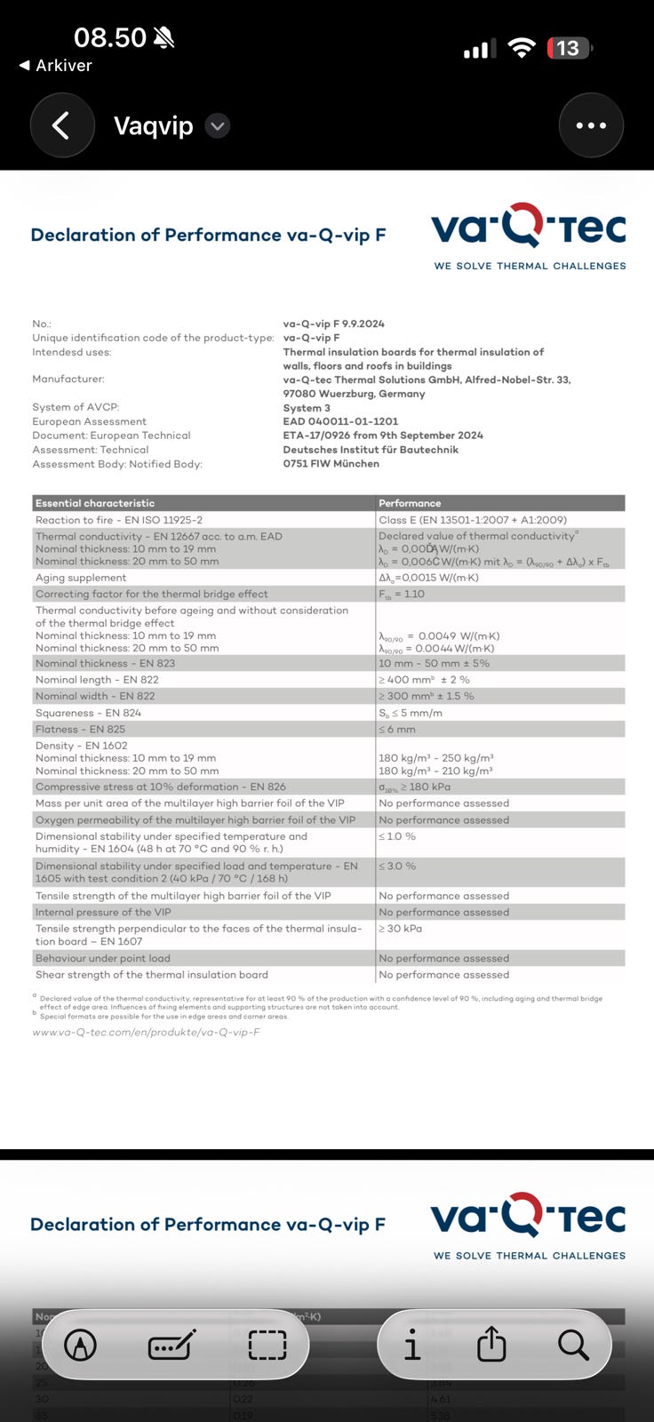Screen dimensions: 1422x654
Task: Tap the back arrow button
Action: click(61, 125)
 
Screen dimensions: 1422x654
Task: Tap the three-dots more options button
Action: click(591, 125)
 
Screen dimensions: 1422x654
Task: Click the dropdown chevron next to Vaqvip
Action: click(218, 126)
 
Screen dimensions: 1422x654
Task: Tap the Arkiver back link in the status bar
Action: click(55, 65)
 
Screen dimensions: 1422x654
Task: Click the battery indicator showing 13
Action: click(569, 48)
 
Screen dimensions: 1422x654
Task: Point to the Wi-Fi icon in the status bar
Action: click(522, 48)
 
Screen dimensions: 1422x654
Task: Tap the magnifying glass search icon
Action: click(573, 1346)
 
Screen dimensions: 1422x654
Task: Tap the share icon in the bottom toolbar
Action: click(491, 1346)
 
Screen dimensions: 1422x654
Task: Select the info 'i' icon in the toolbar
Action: click(411, 1346)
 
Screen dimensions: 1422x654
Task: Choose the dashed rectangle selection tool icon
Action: click(267, 1346)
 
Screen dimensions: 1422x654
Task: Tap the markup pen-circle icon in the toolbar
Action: click(81, 1346)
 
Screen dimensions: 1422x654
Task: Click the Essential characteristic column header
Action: click(95, 503)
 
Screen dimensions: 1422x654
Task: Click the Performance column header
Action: click(410, 503)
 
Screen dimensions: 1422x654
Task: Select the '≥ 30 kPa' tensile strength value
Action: click(401, 929)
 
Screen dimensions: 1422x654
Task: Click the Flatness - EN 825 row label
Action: click(81, 729)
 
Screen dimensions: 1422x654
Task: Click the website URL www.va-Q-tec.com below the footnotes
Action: click(146, 1032)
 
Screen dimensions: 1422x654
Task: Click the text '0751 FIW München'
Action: click(331, 463)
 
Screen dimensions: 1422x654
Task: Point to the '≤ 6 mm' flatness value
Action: click(397, 729)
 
